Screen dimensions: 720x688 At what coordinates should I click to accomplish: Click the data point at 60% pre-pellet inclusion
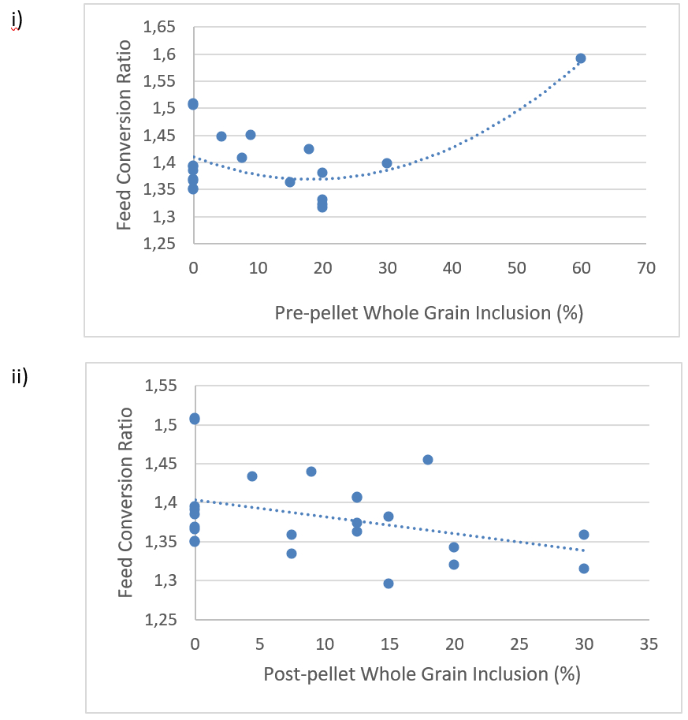tap(581, 58)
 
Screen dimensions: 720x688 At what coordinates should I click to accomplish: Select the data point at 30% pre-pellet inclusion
tap(387, 163)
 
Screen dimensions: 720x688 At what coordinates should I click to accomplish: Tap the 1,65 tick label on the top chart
tap(159, 28)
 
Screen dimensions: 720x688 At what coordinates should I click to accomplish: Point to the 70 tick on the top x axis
tap(646, 268)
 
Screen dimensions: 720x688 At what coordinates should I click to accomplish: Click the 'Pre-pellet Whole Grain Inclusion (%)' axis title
tap(429, 313)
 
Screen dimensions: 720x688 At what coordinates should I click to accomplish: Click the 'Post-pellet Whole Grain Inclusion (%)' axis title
tap(422, 674)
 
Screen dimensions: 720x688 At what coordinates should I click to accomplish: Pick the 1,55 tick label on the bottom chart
tap(159, 386)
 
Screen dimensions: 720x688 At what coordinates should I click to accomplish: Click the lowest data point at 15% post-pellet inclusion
tap(389, 584)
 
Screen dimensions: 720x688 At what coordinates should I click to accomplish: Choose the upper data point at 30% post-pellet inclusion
tap(584, 535)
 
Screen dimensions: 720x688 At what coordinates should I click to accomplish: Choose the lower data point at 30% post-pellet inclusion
tap(584, 569)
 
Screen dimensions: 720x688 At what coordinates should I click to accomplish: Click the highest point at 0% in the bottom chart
tap(195, 419)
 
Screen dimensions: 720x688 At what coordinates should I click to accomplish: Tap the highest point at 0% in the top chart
tap(193, 104)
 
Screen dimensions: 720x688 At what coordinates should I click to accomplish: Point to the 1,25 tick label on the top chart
tap(159, 244)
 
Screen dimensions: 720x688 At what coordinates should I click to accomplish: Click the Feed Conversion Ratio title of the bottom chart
tap(125, 502)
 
